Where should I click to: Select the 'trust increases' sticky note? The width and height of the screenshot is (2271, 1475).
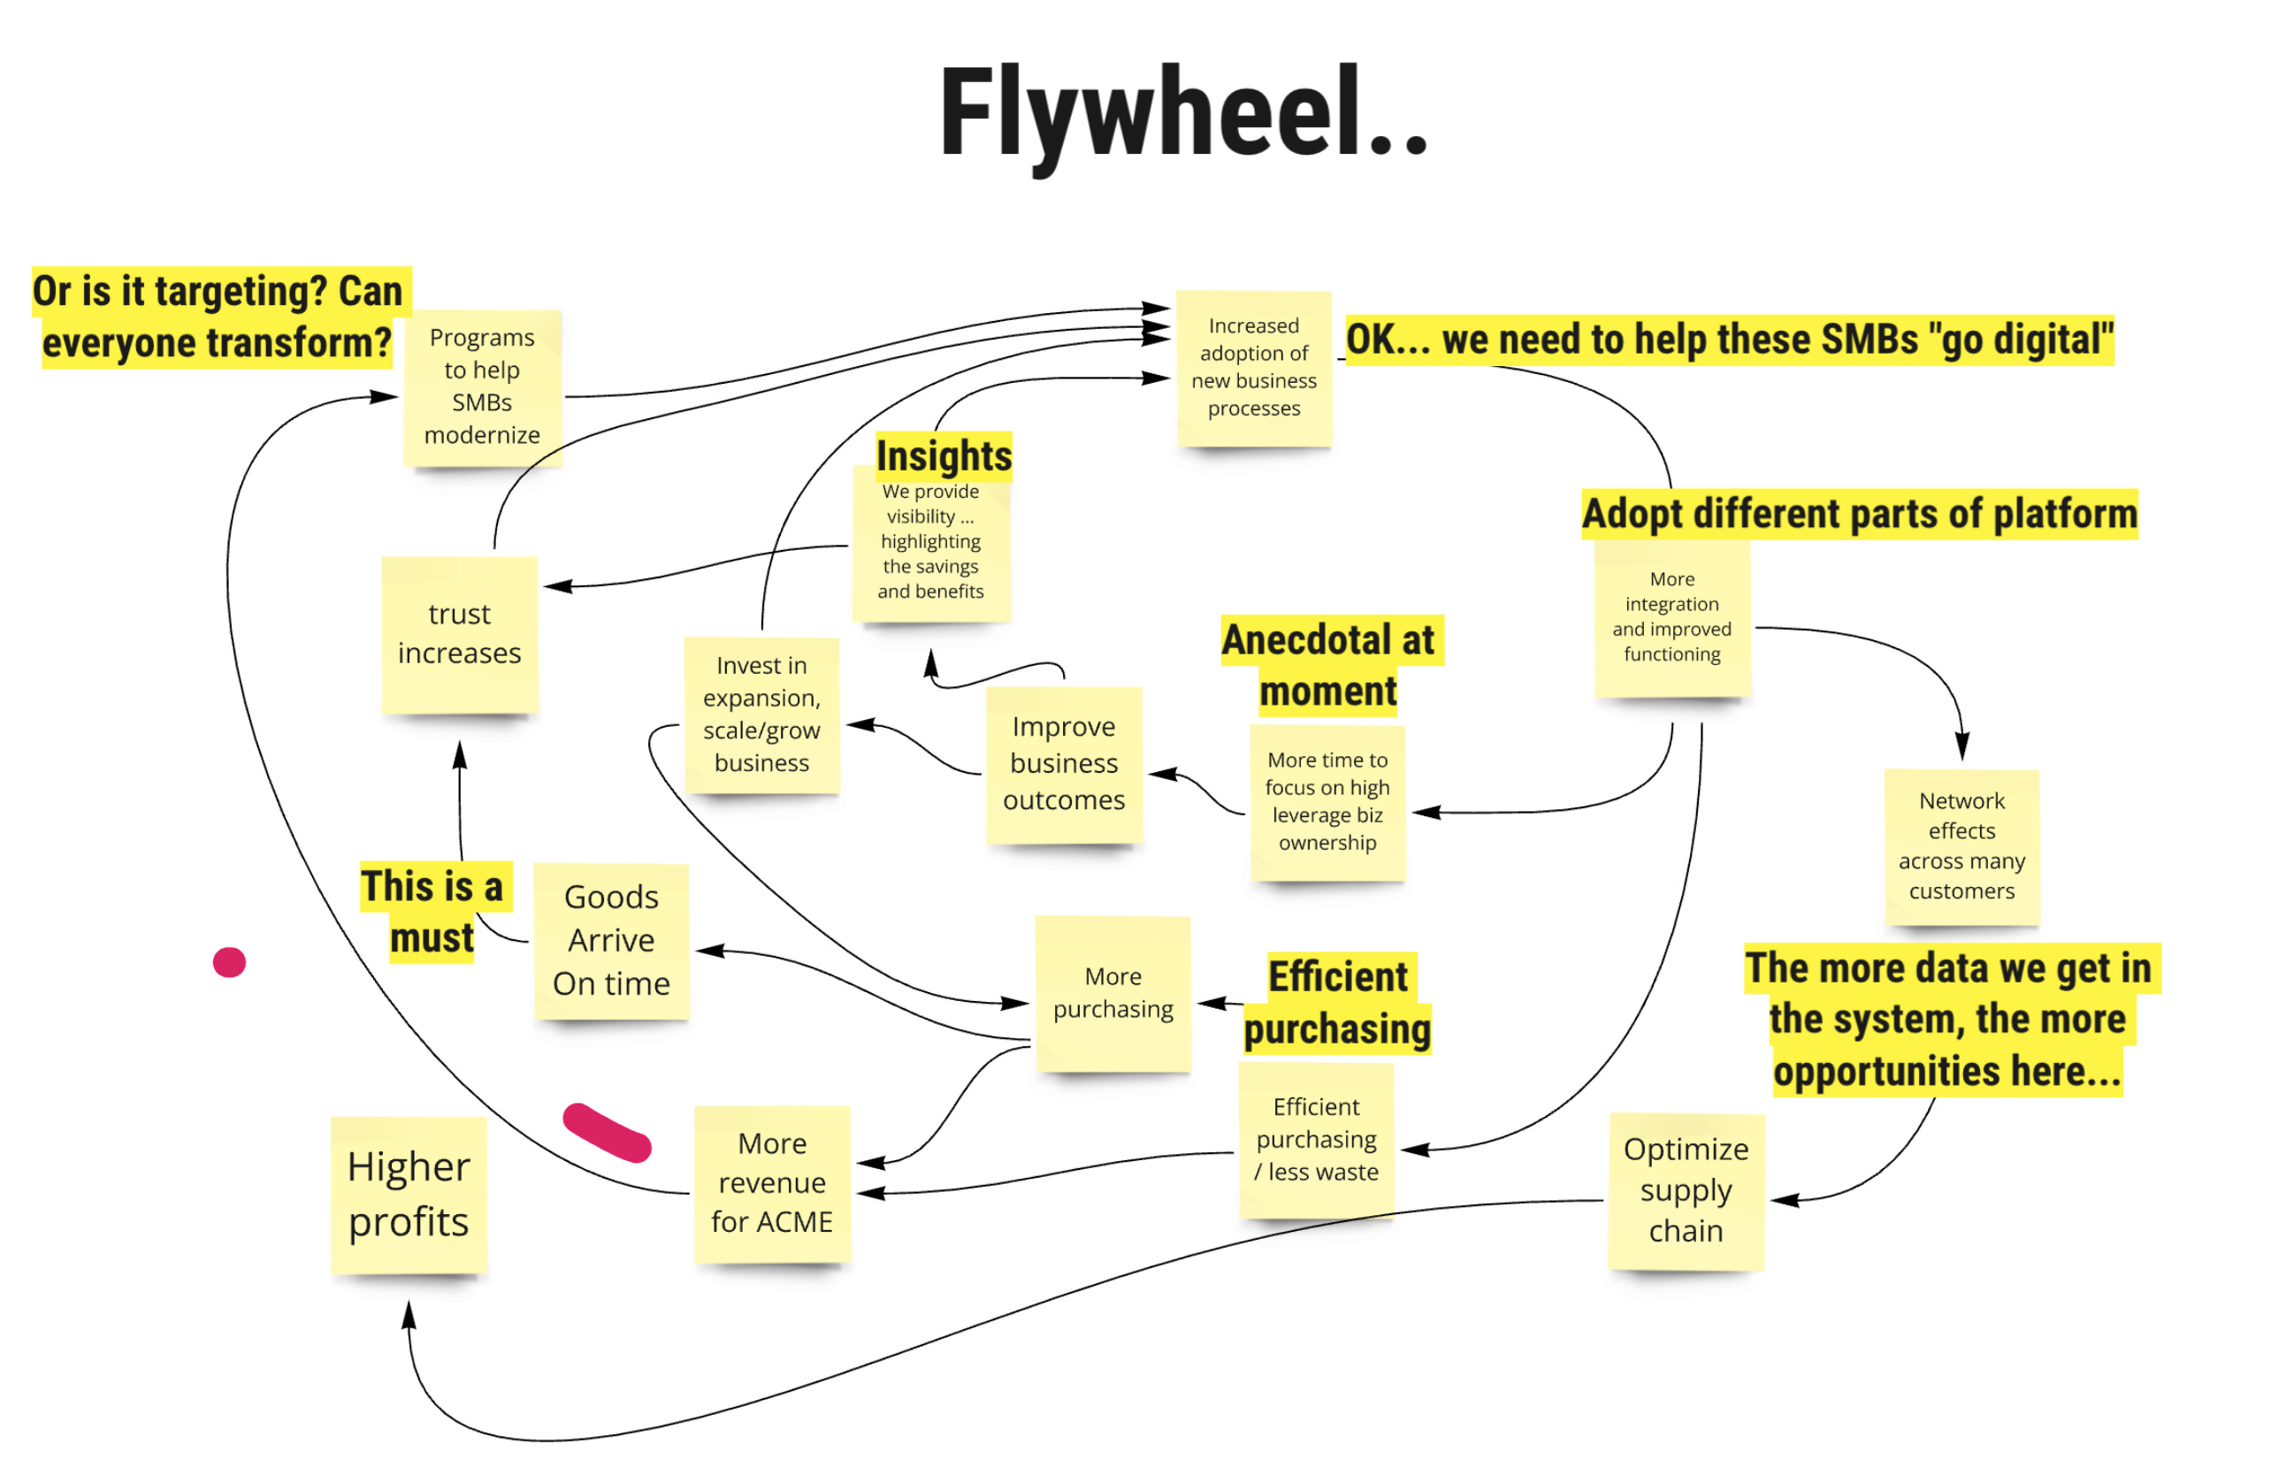coord(459,633)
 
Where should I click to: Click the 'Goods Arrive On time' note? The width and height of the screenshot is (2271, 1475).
coord(611,940)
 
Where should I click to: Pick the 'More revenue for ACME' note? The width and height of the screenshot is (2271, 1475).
coord(772,1182)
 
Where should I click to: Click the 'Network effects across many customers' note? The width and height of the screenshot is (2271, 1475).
coord(1961,845)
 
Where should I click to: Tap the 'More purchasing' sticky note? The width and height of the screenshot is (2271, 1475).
coord(1113,992)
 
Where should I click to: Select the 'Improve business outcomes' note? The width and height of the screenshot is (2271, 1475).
coord(1063,763)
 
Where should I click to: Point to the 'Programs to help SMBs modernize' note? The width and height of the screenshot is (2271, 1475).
coord(482,386)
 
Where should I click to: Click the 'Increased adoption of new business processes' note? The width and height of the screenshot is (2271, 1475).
coord(1253,367)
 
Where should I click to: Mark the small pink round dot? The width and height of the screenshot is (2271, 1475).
coord(229,962)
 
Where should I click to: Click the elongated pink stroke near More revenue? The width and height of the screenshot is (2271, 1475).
coord(607,1132)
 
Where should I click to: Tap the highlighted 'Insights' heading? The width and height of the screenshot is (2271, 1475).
coord(944,456)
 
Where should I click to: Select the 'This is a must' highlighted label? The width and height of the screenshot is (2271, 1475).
coord(432,911)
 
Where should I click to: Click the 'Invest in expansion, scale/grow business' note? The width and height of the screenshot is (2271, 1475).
coord(761,714)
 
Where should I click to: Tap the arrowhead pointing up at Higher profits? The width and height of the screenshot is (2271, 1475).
coord(409,1315)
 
